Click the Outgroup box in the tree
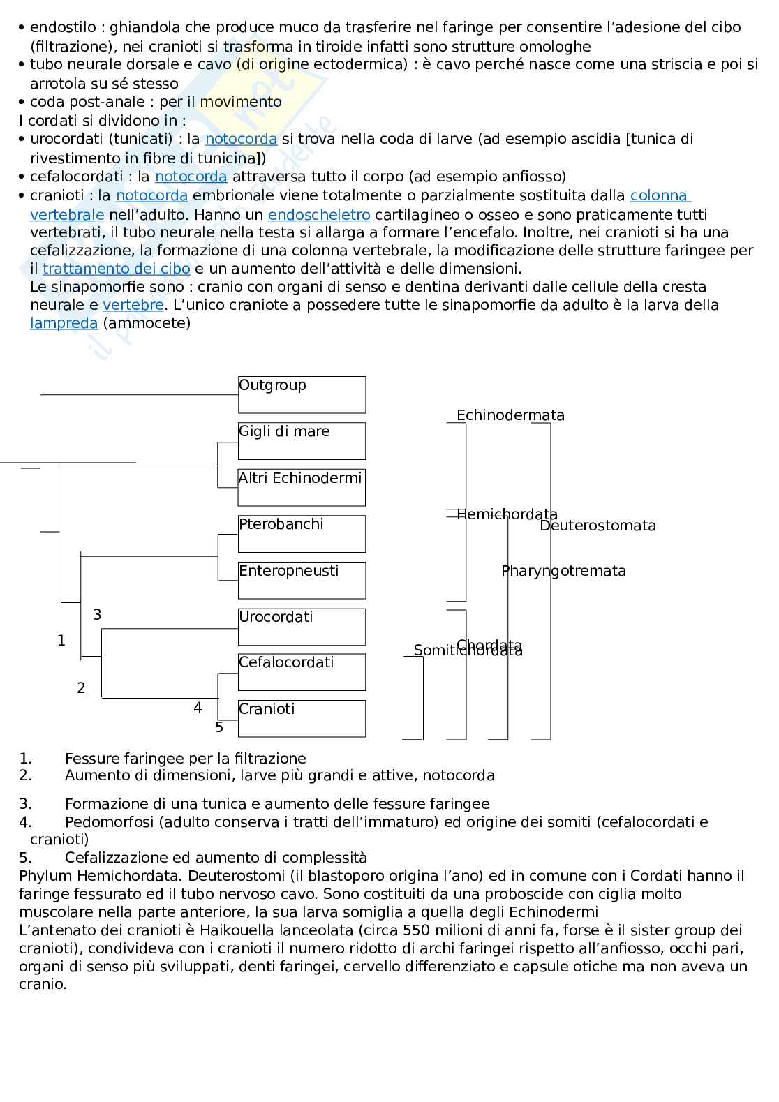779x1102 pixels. [x=302, y=394]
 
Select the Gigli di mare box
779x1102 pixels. [x=302, y=440]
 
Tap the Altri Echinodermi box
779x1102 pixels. [x=302, y=487]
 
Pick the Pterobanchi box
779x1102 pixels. [x=302, y=533]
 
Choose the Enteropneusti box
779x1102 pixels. [x=302, y=580]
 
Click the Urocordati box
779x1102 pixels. [x=302, y=626]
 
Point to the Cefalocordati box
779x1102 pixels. [x=302, y=671]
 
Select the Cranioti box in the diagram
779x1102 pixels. [x=302, y=718]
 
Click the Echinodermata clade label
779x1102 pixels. [x=510, y=415]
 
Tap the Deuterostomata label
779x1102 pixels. [x=598, y=526]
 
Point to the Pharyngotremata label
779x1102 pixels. [x=563, y=571]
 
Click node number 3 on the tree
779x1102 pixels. [x=97, y=614]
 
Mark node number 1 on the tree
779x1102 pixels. [x=61, y=640]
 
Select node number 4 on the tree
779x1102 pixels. [x=198, y=708]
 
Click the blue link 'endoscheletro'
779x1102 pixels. [x=319, y=214]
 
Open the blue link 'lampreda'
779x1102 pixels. [x=64, y=323]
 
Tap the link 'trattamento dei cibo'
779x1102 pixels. [x=117, y=269]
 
